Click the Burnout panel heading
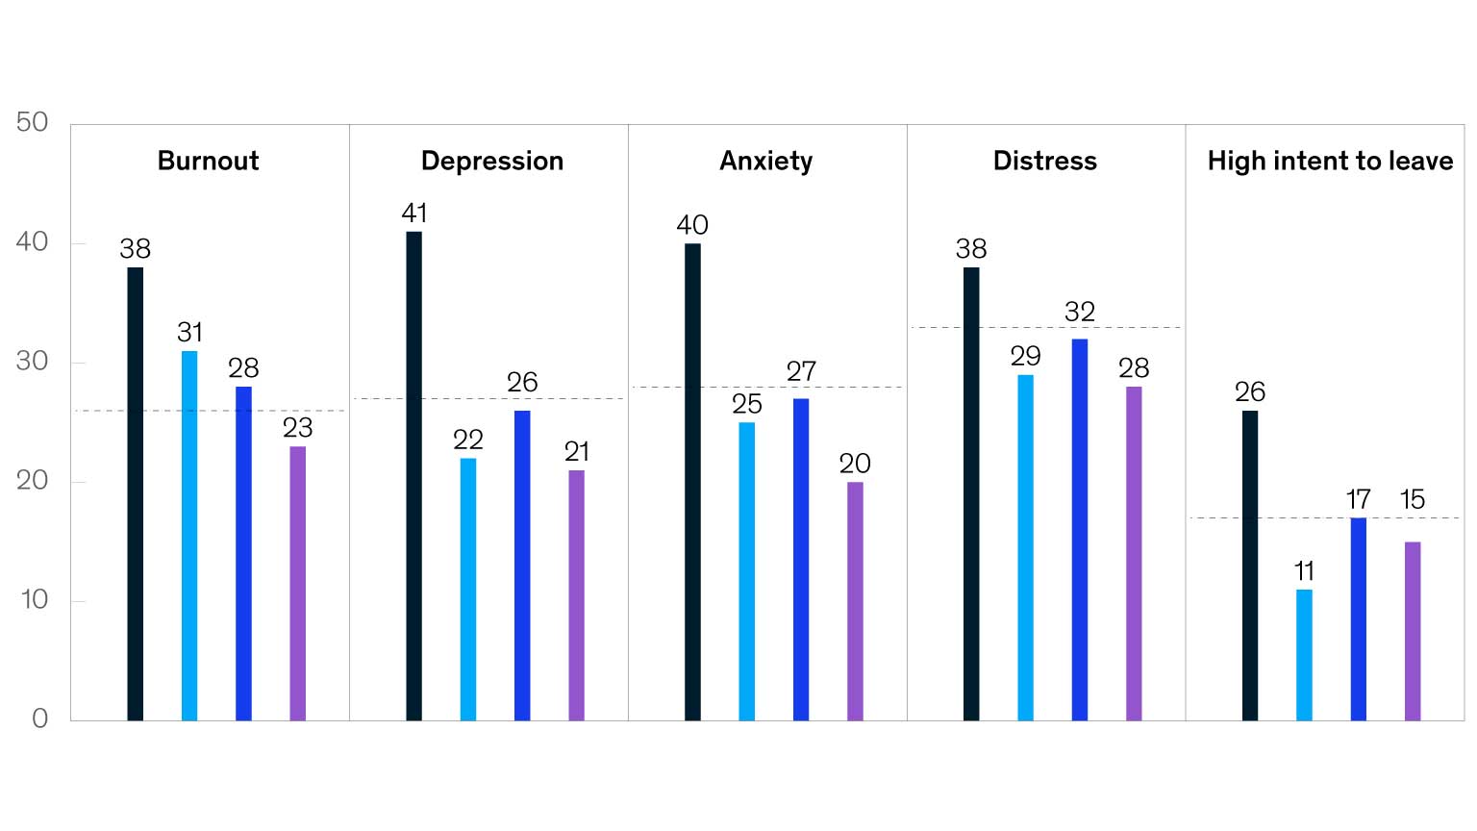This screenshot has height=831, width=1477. click(208, 161)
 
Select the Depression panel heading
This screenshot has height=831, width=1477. click(491, 161)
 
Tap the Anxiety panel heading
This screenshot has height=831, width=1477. click(765, 161)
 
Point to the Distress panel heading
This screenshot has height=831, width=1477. click(1044, 161)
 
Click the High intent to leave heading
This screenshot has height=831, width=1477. click(1330, 161)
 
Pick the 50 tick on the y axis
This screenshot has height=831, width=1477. click(32, 122)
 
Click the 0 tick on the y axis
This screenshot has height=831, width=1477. click(39, 718)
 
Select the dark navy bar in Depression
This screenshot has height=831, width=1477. click(413, 476)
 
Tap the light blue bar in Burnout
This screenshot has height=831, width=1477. click(189, 536)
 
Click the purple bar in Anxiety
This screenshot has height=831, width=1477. click(855, 601)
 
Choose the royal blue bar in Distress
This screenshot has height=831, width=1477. click(1080, 529)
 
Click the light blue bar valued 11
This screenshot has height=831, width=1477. click(1304, 655)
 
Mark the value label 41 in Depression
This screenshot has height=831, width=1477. click(414, 214)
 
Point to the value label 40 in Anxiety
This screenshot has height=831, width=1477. click(692, 225)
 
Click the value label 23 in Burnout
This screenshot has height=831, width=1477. click(298, 428)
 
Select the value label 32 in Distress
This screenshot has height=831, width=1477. click(1080, 312)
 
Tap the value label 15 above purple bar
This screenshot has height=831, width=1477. click(1412, 500)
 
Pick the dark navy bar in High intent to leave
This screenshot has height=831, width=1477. click(1250, 566)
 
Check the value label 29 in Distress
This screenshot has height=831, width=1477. click(1025, 357)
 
